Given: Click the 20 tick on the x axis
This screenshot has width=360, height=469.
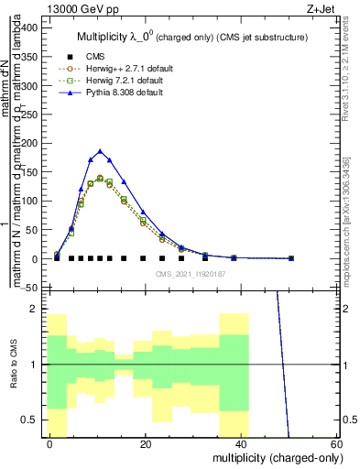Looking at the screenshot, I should [x=146, y=443].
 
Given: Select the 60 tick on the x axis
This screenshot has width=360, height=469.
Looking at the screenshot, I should [x=336, y=443].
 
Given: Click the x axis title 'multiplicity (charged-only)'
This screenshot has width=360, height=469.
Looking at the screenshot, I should [x=273, y=457].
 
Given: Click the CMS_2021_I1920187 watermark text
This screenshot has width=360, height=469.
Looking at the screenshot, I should [x=191, y=274].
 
